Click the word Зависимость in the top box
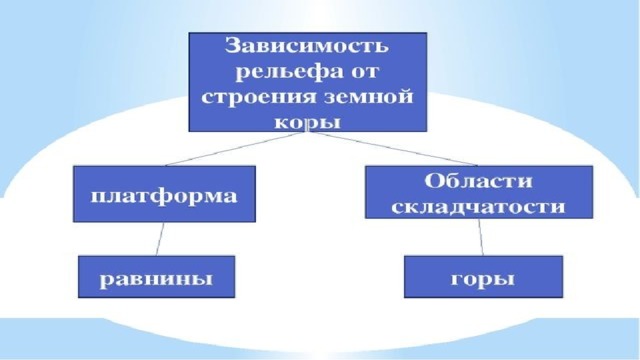[307, 45]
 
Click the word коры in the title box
[307, 122]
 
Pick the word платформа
[164, 196]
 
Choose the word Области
[478, 180]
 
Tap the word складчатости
[478, 206]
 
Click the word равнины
[156, 280]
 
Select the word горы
[482, 280]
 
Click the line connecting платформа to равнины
[160, 239]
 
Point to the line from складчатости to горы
[481, 237]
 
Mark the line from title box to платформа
[236, 149]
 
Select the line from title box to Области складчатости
[393, 149]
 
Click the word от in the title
[364, 73]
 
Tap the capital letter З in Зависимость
[232, 45]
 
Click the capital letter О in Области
[433, 180]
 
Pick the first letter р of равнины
[107, 282]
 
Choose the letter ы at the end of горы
[504, 280]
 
